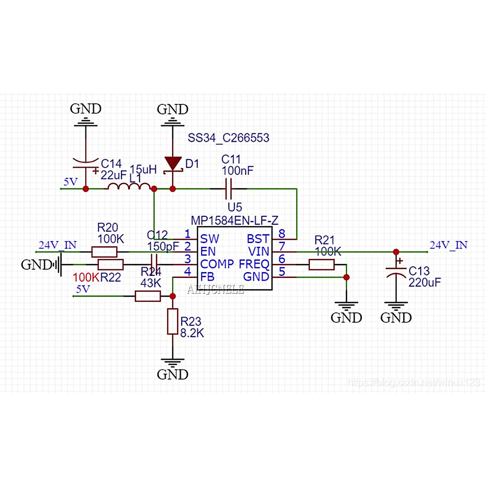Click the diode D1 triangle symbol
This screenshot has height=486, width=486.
(173, 164)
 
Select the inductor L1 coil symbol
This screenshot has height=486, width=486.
(128, 186)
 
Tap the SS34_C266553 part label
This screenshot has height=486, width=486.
(228, 138)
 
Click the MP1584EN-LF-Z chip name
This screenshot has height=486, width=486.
(234, 221)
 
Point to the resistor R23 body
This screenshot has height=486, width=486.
(173, 321)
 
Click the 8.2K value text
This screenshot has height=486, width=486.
(192, 333)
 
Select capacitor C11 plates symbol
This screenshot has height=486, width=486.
(228, 188)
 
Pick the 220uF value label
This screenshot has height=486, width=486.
(424, 282)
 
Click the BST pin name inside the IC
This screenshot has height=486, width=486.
(258, 239)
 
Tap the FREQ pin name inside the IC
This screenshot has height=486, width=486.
(254, 264)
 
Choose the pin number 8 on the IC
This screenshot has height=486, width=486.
(282, 234)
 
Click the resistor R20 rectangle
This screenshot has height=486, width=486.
(104, 252)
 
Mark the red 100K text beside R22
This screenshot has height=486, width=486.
(86, 277)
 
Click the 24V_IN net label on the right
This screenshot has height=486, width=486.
(448, 245)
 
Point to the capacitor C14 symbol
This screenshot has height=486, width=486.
(86, 162)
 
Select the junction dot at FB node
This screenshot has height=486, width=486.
(173, 296)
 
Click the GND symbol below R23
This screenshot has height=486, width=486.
(173, 363)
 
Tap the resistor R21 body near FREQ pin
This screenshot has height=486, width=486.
(322, 265)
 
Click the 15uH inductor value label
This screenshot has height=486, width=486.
(143, 169)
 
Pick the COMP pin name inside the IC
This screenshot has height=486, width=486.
(217, 264)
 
